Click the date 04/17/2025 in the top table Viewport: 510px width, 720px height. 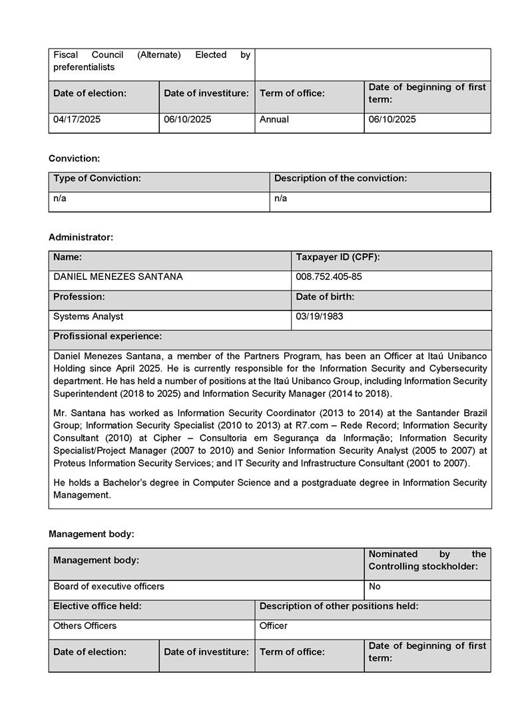[x=77, y=120]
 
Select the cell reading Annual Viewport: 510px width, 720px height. [x=274, y=120]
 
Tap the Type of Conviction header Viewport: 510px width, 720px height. [x=97, y=178]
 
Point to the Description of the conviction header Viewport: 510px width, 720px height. [x=340, y=178]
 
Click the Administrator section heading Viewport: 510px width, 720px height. [x=81, y=237]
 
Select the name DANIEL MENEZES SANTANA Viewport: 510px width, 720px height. [x=118, y=277]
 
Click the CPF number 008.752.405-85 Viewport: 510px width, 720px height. [x=329, y=277]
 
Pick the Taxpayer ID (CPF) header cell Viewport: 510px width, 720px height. [x=338, y=257]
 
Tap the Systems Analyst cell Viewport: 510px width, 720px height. [x=88, y=316]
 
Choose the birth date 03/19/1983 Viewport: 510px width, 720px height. [x=320, y=316]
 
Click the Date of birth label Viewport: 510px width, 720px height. [x=325, y=297]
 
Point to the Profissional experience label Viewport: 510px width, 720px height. [x=107, y=336]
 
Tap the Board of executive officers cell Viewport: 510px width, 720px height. [x=109, y=586]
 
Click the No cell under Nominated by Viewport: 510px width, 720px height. [x=375, y=586]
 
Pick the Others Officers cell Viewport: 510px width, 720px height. [x=85, y=626]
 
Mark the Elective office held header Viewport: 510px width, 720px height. [x=97, y=606]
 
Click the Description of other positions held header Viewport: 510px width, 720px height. [x=339, y=606]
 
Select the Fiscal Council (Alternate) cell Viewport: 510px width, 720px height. [x=152, y=60]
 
